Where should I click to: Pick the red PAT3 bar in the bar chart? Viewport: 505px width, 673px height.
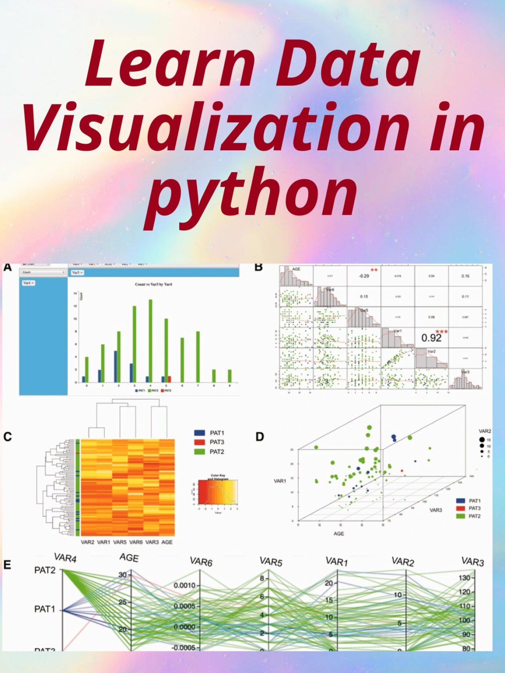coord(169,379)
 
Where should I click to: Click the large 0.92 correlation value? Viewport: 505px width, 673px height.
coord(431,338)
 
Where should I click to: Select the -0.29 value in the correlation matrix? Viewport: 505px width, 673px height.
coord(364,276)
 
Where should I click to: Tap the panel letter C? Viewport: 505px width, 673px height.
coord(7,437)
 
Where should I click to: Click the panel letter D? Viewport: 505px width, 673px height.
coord(260,437)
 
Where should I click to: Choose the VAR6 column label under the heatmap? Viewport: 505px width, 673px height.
coord(136,542)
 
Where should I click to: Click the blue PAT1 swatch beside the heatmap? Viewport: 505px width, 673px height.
coord(199,433)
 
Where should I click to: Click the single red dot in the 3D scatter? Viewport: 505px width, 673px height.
coord(402,471)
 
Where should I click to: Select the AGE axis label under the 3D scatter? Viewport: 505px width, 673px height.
coord(339,534)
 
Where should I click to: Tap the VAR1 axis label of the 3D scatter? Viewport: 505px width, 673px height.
coord(280,481)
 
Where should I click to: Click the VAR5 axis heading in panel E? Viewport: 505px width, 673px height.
coord(270,562)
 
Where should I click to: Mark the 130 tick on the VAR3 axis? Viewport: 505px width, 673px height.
coord(464,578)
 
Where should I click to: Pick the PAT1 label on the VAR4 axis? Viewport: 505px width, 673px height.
coord(45,609)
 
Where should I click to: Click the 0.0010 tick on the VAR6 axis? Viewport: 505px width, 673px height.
coord(185,585)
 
